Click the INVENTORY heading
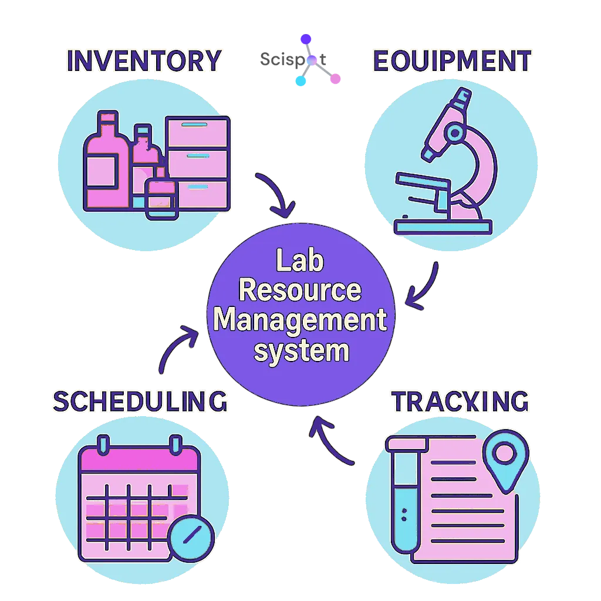144,61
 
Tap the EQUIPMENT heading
452,61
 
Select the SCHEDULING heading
140,401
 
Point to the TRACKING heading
461,401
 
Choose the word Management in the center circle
300,321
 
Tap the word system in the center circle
300,351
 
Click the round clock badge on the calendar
191,536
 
